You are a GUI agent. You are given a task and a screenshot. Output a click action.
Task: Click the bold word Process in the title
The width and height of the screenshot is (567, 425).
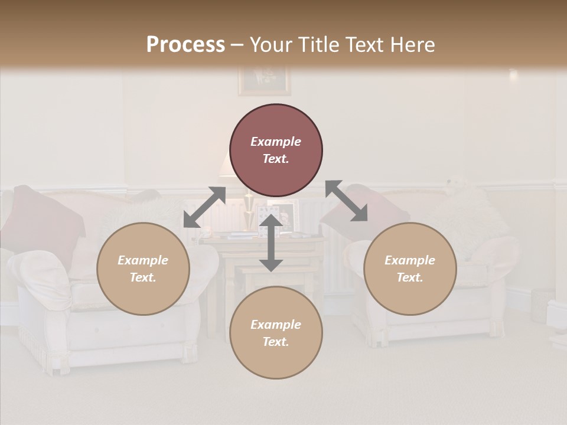click(185, 45)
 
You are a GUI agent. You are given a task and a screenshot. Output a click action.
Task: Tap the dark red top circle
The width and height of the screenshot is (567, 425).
click(276, 151)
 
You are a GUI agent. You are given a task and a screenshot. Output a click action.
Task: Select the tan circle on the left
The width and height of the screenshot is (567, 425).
click(143, 269)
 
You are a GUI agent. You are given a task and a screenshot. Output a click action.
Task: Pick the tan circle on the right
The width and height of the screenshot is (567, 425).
click(410, 269)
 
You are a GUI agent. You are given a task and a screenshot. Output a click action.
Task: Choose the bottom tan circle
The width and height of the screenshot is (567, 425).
click(276, 332)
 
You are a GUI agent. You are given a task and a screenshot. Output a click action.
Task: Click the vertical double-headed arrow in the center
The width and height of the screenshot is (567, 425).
click(271, 243)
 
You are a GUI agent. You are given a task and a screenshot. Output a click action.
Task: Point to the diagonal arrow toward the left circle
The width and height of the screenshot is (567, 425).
click(204, 207)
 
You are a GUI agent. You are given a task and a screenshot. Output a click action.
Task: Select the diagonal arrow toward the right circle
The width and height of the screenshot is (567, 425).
click(347, 201)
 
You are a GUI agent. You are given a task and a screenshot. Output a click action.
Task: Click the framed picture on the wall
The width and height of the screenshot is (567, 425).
click(264, 81)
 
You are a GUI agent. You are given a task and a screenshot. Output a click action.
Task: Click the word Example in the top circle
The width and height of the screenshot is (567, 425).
click(276, 142)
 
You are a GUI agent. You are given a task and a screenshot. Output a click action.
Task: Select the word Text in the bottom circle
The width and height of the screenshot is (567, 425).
click(276, 342)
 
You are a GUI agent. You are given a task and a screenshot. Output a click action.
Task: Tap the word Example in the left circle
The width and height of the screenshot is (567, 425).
click(143, 260)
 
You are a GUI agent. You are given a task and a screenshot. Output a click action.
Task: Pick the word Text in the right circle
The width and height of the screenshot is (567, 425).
click(410, 277)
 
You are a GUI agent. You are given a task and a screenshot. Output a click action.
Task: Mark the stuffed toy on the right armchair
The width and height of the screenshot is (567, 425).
click(458, 189)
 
